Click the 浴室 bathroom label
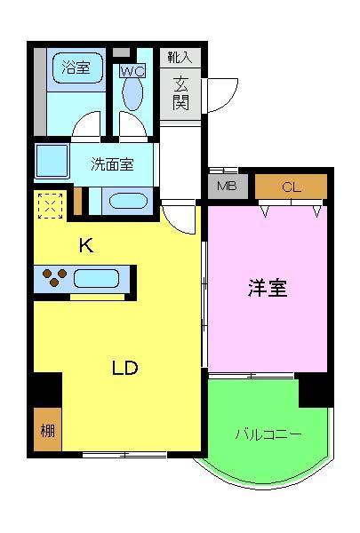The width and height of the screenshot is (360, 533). [75, 68]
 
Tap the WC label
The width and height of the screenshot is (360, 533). [132, 71]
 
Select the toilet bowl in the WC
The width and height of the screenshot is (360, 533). [133, 92]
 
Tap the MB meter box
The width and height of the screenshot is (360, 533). [228, 187]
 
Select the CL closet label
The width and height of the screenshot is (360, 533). [291, 187]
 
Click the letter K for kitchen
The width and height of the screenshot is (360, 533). [85, 246]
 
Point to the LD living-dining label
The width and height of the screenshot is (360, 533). [125, 368]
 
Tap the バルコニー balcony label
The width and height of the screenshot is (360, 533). [268, 434]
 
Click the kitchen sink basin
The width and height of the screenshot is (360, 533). [98, 281]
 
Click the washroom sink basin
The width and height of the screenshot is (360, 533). [128, 200]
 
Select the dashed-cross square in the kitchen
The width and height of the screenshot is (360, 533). [50, 206]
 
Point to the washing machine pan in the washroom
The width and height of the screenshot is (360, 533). [52, 163]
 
